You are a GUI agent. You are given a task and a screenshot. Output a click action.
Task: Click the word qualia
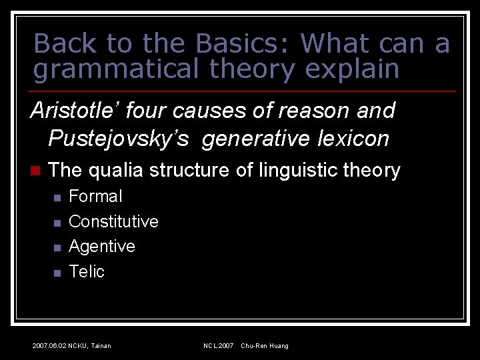pyautogui.click(x=117, y=171)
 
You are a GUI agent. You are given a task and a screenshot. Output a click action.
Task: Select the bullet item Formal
pyautogui.click(x=95, y=197)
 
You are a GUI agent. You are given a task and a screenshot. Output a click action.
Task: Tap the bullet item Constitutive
pyautogui.click(x=113, y=221)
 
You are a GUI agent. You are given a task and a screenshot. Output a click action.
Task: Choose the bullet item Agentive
pyautogui.click(x=101, y=247)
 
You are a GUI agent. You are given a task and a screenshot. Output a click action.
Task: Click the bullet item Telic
pyautogui.click(x=87, y=271)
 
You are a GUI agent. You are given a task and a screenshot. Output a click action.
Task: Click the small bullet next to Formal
pyautogui.click(x=57, y=197)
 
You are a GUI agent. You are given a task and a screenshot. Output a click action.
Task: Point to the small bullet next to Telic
pyautogui.click(x=57, y=273)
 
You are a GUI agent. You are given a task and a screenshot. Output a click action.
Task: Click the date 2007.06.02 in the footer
pyautogui.click(x=49, y=345)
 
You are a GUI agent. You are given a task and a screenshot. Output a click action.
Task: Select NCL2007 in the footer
pyautogui.click(x=218, y=345)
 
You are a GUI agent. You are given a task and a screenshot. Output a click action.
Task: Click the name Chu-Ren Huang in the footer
pyautogui.click(x=265, y=345)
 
